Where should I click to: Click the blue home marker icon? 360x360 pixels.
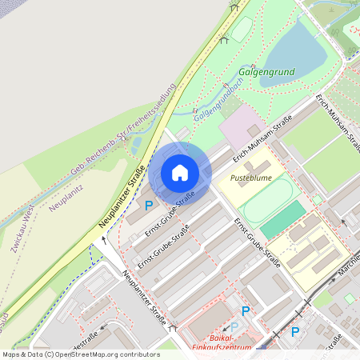coord(180,172)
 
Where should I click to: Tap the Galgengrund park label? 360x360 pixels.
coord(266,72)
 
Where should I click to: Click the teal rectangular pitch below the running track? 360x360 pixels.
coord(282,219)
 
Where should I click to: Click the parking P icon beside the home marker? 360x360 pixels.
coord(149,206)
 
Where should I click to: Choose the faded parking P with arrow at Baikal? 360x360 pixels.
coord(234,326)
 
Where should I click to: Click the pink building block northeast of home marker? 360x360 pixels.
coord(238,128)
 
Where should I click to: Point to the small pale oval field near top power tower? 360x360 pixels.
coord(242,29)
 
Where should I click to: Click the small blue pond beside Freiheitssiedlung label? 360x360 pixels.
coord(135,144)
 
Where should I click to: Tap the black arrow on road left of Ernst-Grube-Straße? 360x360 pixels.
coord(103,238)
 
